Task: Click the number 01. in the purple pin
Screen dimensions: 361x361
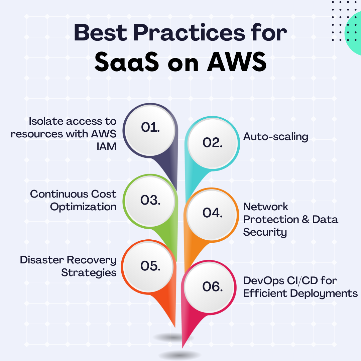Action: coord(150,127)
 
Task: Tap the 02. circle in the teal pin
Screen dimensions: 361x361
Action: coord(212,143)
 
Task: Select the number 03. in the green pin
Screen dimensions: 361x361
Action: coord(150,200)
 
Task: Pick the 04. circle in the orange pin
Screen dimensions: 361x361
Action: coord(212,215)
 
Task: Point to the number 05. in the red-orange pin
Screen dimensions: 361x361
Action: coord(150,266)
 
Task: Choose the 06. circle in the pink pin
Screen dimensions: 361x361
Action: coord(210,287)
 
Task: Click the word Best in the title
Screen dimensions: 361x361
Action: coord(100,33)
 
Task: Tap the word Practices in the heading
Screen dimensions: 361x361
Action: coord(189,33)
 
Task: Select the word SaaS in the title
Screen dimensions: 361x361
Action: coord(127,62)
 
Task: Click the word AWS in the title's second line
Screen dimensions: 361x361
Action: coord(236,62)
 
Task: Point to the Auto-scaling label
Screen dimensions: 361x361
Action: coord(275,136)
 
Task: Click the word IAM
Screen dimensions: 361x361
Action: coord(106,146)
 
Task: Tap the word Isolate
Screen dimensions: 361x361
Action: coord(46,121)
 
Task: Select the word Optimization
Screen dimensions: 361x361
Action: coord(83,207)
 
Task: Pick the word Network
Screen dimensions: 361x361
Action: coord(265,207)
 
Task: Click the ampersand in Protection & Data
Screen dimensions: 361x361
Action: coord(306,219)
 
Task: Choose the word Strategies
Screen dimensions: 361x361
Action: coord(89,273)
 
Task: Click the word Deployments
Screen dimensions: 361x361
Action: coord(324,293)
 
